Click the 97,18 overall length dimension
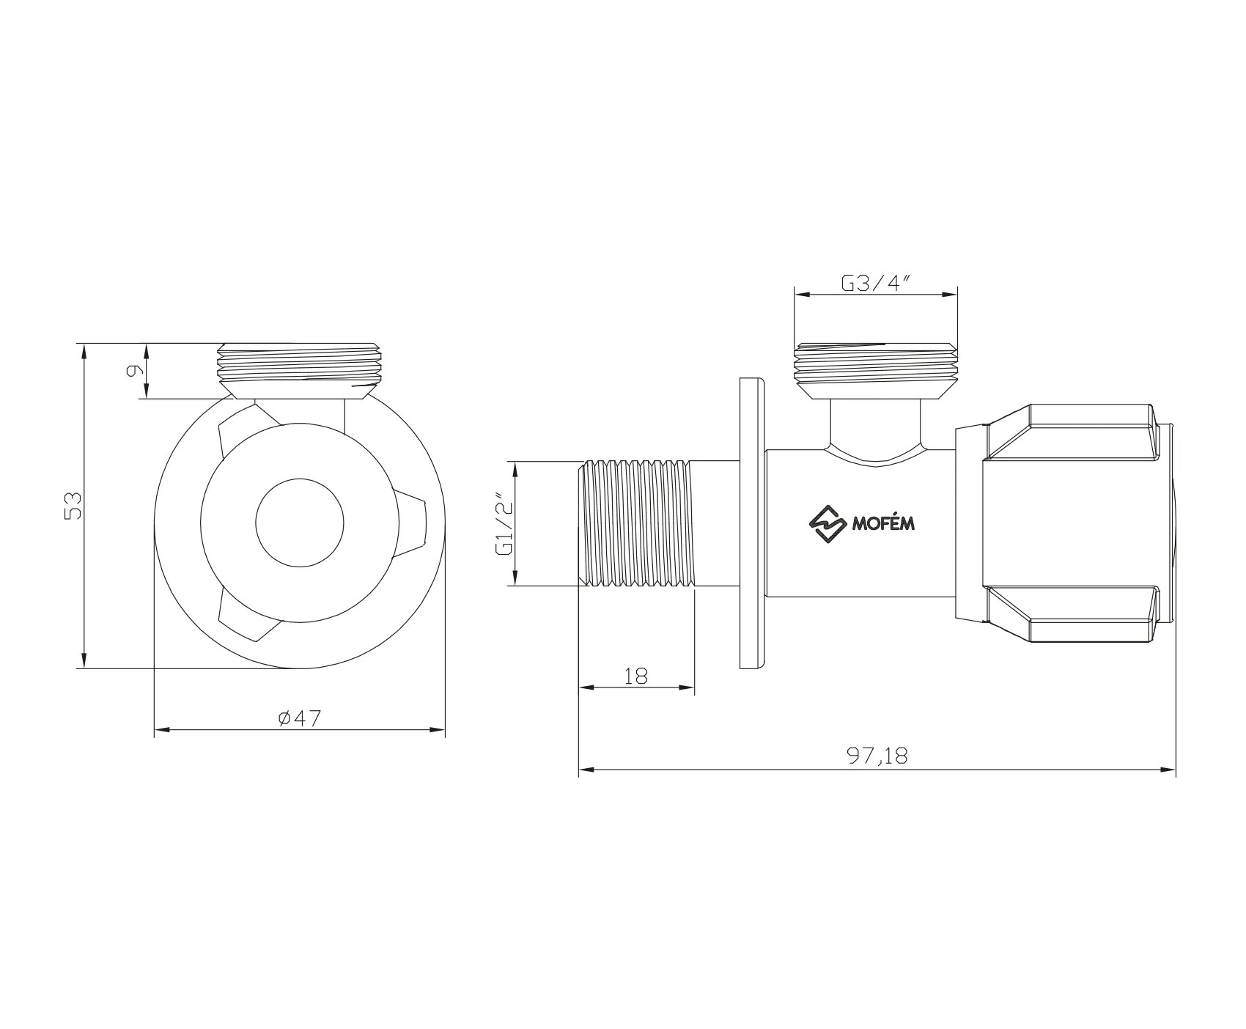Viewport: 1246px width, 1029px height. pyautogui.click(x=877, y=756)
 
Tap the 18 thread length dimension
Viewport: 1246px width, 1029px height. pyautogui.click(x=636, y=676)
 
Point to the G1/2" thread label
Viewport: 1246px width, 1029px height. pyautogui.click(x=504, y=524)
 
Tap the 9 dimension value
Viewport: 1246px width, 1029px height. pyautogui.click(x=134, y=371)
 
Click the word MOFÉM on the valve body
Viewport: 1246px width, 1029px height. pyautogui.click(x=882, y=524)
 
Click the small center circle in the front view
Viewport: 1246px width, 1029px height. pyautogui.click(x=300, y=523)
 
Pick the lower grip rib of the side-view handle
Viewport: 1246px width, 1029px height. pyautogui.click(x=1070, y=614)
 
